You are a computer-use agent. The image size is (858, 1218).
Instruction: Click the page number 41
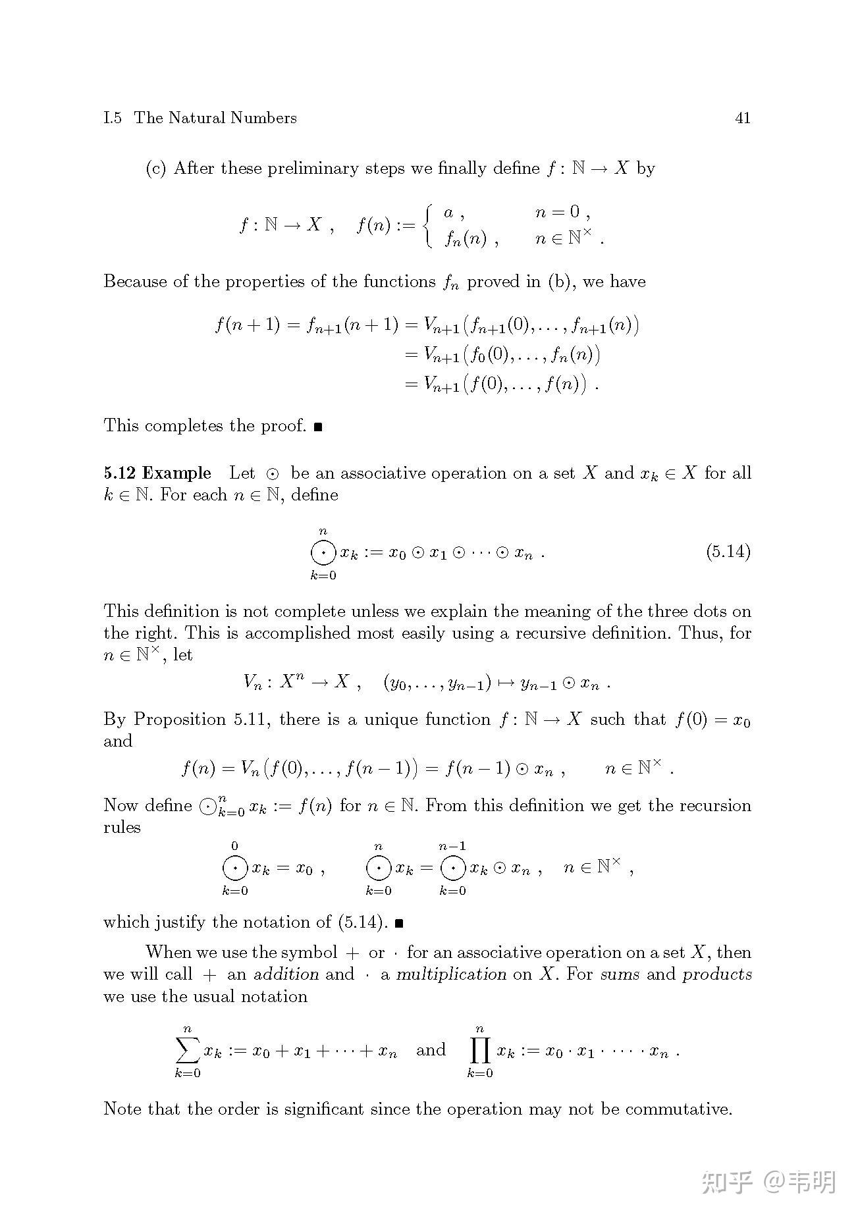[742, 119]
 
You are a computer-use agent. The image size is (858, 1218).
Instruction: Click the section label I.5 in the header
[113, 119]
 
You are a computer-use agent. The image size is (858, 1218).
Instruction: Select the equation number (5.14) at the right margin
[728, 551]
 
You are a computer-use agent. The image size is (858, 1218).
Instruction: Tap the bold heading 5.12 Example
[157, 473]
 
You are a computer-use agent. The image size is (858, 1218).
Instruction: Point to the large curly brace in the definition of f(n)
[429, 225]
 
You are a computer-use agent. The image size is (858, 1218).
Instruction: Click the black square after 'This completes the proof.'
[318, 427]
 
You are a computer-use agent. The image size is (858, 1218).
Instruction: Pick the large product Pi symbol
[480, 1051]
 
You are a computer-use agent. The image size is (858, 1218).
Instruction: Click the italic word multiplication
[451, 974]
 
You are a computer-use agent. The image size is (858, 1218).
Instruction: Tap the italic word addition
[286, 974]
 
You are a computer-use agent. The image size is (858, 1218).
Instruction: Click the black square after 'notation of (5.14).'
[398, 923]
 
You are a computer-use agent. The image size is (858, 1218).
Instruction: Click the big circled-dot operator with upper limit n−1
[453, 869]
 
